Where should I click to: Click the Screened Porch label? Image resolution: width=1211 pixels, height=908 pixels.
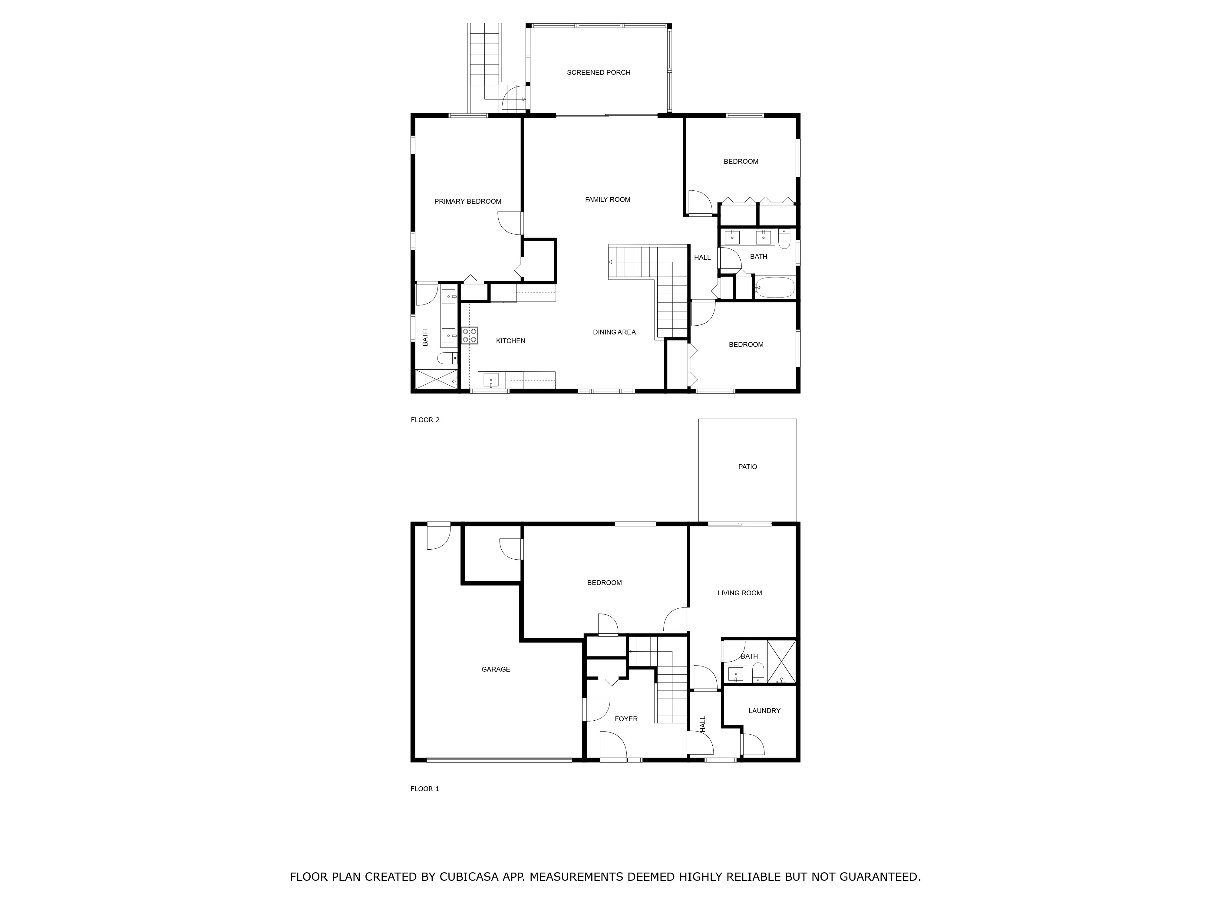point(598,72)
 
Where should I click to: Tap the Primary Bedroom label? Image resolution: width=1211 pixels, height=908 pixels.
point(467,201)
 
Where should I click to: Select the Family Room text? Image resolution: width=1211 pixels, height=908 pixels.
point(608,200)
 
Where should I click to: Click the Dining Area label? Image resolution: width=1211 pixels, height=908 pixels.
point(614,332)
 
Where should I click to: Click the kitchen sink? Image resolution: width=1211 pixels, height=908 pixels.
point(491,380)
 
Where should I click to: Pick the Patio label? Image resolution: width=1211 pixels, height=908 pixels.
point(747,467)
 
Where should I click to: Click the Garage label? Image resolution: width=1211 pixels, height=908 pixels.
point(496,669)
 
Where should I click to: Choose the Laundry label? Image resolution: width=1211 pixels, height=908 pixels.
point(764,711)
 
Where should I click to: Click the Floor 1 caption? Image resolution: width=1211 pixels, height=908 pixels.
point(425,789)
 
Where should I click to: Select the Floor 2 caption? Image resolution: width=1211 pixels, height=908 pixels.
point(425,420)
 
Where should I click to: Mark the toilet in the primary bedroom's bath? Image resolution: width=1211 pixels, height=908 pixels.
point(447,358)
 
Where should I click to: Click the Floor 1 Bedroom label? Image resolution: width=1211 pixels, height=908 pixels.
point(604,583)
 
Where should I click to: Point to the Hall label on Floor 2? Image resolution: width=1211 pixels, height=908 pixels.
point(702,257)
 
